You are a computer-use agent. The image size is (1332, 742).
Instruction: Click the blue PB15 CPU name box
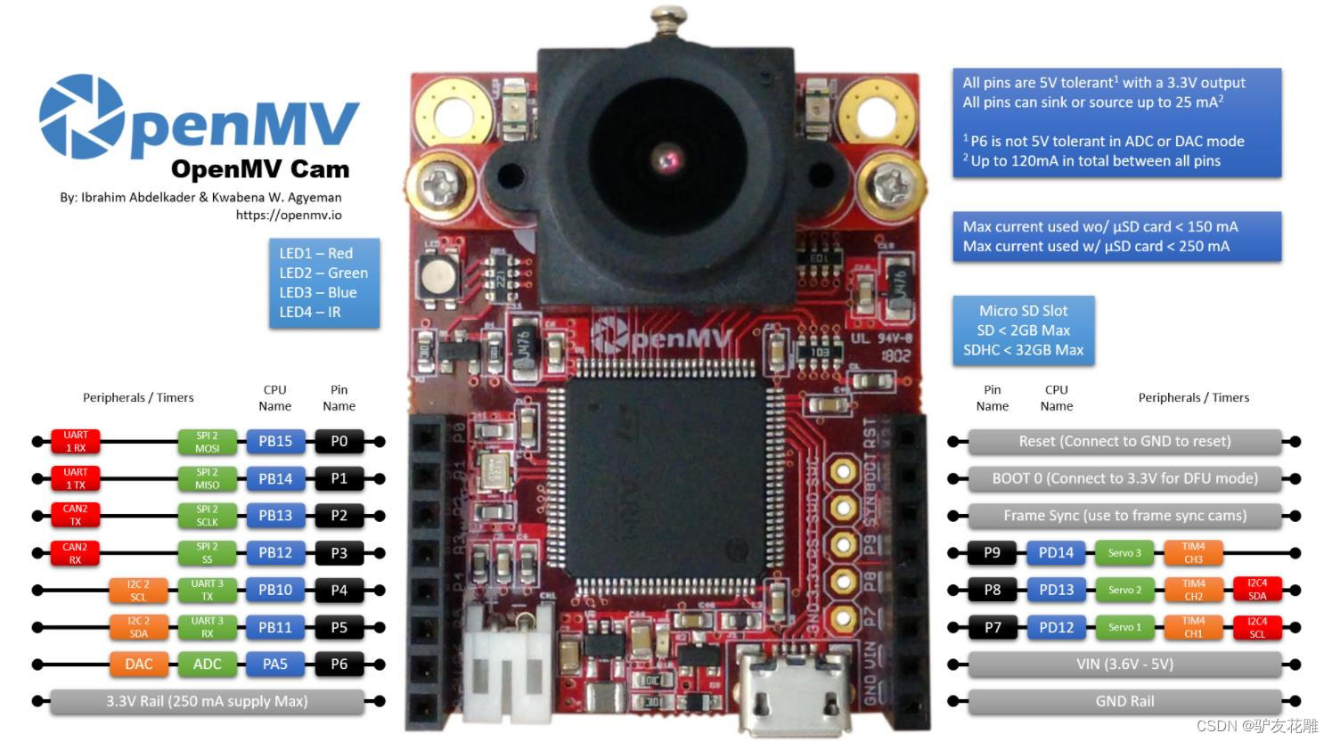coord(275,442)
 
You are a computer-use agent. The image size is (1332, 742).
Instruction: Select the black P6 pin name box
coord(339,665)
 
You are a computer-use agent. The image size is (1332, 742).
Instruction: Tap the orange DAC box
coord(139,665)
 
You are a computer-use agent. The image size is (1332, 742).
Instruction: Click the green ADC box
coord(207,665)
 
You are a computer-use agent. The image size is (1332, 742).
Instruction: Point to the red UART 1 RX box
coord(76,442)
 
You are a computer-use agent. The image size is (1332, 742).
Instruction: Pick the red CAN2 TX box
coord(76,516)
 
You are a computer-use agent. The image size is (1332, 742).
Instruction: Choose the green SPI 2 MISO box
coord(207,479)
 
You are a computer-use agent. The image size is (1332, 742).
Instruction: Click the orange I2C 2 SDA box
coord(139,627)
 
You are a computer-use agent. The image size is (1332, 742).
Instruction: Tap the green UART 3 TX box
coord(207,590)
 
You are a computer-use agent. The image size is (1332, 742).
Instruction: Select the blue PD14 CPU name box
coord(1056,553)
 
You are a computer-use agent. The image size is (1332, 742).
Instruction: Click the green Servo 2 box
coord(1124,590)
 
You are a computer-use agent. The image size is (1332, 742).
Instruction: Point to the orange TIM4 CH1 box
coord(1193,627)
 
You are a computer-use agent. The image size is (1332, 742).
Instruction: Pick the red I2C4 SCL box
coord(1257,627)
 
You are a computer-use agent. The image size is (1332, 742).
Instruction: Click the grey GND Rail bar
coord(1124,701)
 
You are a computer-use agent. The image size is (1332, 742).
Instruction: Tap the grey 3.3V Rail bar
coord(207,701)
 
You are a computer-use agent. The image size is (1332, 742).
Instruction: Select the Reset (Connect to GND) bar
coord(1124,442)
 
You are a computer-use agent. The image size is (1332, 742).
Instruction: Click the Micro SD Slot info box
coord(1023,330)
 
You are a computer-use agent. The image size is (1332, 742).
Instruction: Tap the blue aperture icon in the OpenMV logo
coord(82,117)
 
